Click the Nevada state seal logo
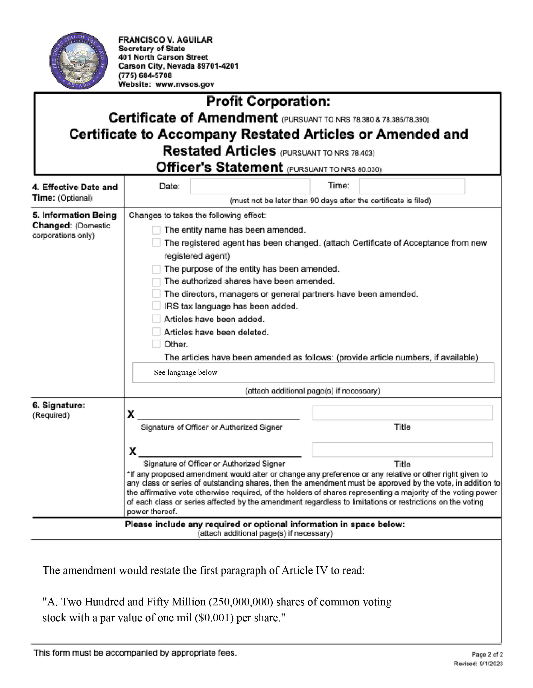pos(78,61)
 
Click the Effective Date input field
pos(250,186)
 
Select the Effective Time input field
pos(412,186)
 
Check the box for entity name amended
pos(156,230)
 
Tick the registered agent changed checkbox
pos(156,243)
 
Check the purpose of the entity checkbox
pos(156,269)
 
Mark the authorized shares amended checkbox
pos(156,281)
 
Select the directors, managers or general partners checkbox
pos(156,294)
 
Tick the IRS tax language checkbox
pos(156,306)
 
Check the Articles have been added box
pos(156,319)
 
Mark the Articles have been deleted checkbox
pos(156,332)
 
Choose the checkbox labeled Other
pos(156,344)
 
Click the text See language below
pos(185,373)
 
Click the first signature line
pos(218,415)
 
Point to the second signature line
pos(220,452)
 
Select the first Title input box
pos(402,413)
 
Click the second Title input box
pos(402,450)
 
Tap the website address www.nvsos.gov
pos(185,84)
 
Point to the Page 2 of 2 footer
pos(487,655)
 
